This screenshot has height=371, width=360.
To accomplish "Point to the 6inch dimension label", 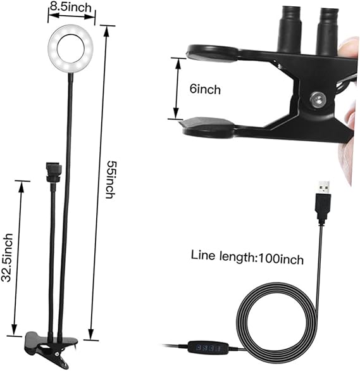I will pyautogui.click(x=206, y=89).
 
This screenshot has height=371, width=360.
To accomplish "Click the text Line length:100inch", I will pyautogui.click(x=247, y=258).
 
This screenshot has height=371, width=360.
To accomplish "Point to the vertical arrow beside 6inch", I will pyautogui.click(x=175, y=87).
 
